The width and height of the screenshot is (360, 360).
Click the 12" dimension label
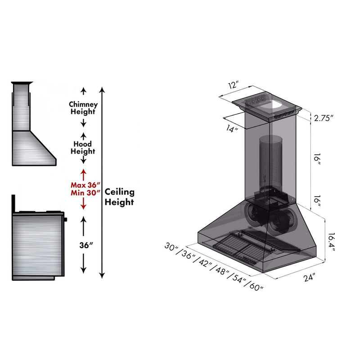pyautogui.click(x=233, y=85)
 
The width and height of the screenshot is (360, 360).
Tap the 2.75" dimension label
pyautogui.click(x=324, y=119)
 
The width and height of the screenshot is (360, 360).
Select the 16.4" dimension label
pyautogui.click(x=331, y=243)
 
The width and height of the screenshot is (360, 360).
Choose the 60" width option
pyautogui.click(x=254, y=286)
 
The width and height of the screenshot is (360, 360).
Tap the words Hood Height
pyautogui.click(x=83, y=147)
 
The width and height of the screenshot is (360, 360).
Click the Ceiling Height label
pyautogui.click(x=120, y=197)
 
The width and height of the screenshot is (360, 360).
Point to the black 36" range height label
pyautogui.click(x=85, y=245)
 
